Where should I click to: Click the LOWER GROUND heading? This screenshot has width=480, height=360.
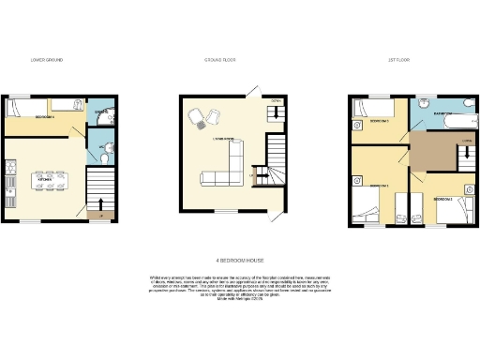click(x=47, y=59)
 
